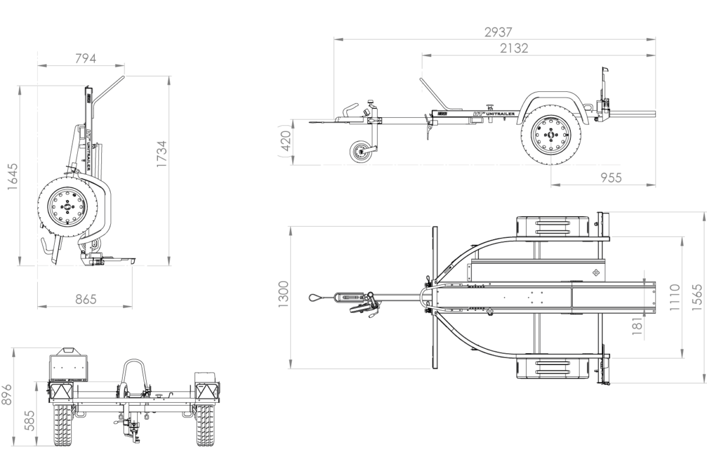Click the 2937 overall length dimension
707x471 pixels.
coord(498,32)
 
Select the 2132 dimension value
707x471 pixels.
coord(514,48)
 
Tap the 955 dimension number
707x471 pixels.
coord(612,178)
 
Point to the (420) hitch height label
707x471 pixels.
coord(285,141)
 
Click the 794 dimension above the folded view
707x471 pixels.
coord(85,59)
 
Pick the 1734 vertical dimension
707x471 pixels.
coord(161,154)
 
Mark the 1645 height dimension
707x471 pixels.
coord(12,177)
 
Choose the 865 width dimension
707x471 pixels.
coord(85,300)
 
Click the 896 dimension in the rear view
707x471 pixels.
coord(6,394)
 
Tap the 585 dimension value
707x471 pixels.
coord(29,420)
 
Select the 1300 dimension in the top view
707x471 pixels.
coord(283,294)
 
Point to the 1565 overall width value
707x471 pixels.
coord(697,297)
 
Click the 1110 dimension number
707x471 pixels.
coord(675,297)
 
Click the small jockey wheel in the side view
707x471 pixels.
coord(360,152)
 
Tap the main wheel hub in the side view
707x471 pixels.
coord(551,135)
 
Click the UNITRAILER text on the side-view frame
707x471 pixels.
coord(501,114)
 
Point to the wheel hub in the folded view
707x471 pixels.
coord(67,207)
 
